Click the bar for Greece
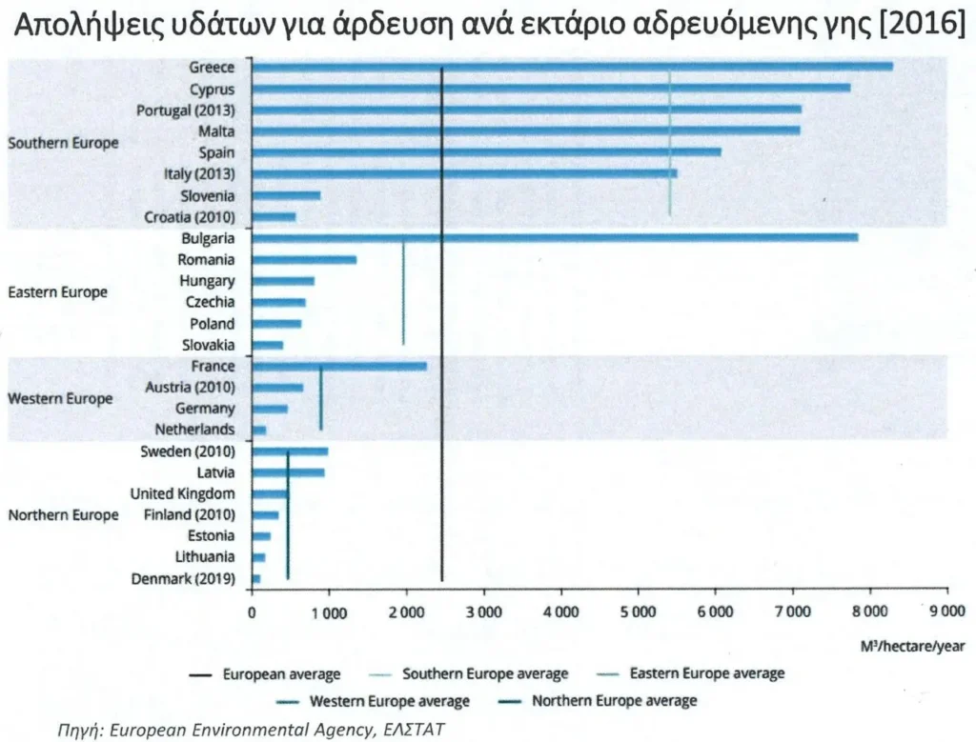(x=572, y=66)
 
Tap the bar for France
(x=339, y=366)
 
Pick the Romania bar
(x=304, y=259)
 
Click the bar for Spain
(x=486, y=151)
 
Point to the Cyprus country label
(x=212, y=88)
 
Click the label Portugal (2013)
(x=186, y=110)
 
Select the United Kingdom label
(x=182, y=493)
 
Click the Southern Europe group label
(x=63, y=143)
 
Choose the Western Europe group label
(x=60, y=398)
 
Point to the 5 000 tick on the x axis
(x=638, y=613)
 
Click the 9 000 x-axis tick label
(x=946, y=613)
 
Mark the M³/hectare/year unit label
(x=912, y=648)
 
